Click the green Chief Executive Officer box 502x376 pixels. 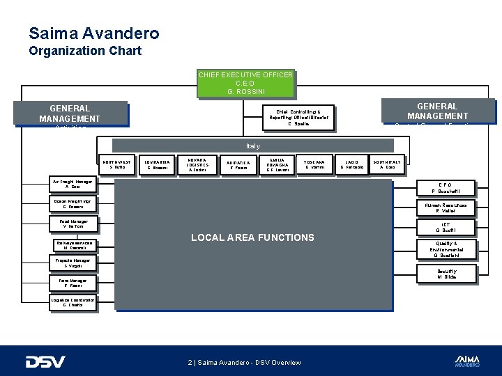click(x=245, y=83)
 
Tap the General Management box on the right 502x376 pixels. click(x=437, y=111)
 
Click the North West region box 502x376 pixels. click(x=115, y=164)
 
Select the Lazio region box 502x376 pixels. click(x=351, y=164)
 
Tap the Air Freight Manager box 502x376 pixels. click(x=72, y=185)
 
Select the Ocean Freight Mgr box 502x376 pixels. click(x=72, y=204)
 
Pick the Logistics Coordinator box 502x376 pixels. click(x=72, y=301)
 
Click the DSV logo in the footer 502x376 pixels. click(x=45, y=361)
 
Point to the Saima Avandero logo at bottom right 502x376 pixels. click(x=466, y=360)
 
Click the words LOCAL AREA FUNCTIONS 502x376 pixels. click(x=252, y=237)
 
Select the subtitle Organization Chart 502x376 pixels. click(x=85, y=51)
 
